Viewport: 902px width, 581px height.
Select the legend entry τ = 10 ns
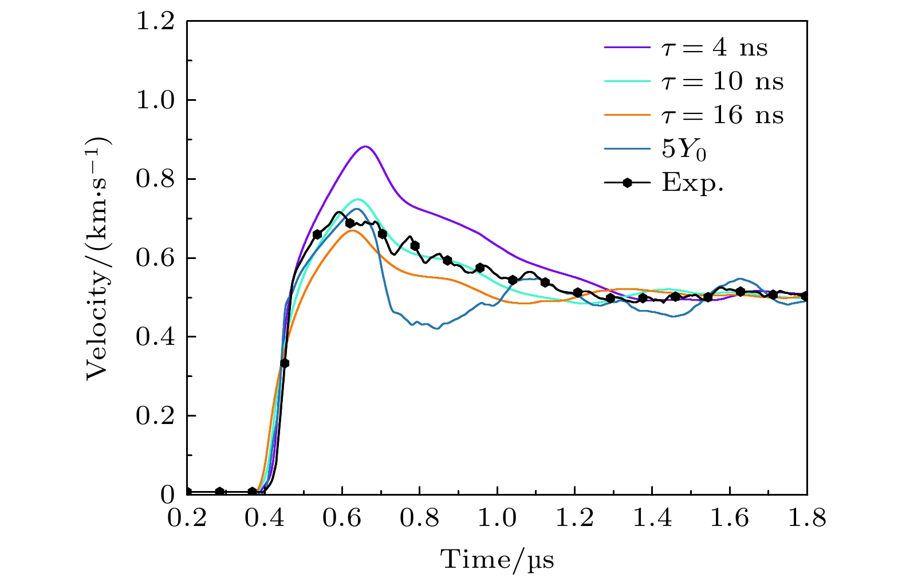tap(722, 82)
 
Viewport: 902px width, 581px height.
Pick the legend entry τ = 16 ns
tap(722, 116)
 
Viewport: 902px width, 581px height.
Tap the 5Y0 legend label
tap(684, 150)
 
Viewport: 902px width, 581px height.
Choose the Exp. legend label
tap(692, 183)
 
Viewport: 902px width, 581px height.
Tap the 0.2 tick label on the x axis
tap(187, 519)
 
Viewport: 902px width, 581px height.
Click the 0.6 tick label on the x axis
tap(342, 519)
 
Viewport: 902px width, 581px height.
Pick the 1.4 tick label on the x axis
tap(652, 519)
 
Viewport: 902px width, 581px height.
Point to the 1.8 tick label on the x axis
tap(807, 519)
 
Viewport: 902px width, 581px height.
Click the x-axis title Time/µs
tap(497, 559)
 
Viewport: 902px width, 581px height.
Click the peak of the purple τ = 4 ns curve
tap(365, 147)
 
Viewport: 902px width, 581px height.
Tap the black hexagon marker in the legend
tap(628, 183)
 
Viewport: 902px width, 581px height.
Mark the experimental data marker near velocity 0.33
tap(284, 363)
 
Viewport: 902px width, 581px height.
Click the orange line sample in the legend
tap(628, 116)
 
